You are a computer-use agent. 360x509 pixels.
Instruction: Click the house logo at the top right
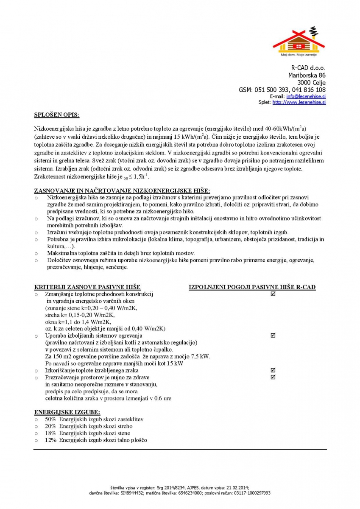[299, 41]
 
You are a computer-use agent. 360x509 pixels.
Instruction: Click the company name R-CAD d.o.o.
[308, 68]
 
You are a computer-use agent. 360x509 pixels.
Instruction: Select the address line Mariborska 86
[307, 75]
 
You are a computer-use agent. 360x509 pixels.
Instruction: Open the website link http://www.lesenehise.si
[299, 102]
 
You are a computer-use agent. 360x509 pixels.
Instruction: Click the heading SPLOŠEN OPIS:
[56, 115]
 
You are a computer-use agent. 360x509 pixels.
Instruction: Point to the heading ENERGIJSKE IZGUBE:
[67, 412]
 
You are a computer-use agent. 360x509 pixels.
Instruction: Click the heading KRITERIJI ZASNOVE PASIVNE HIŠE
[87, 287]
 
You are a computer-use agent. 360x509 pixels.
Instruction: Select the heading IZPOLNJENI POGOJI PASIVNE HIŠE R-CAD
[252, 287]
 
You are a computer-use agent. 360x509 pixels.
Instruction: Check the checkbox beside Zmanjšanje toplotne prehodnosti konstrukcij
[273, 294]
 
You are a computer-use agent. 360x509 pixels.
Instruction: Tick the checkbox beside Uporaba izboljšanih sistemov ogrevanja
[273, 336]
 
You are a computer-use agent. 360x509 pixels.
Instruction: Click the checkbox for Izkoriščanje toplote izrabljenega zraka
[273, 370]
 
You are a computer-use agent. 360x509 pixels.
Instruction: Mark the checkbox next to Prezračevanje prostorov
[273, 377]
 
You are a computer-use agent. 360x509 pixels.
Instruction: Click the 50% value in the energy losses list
[50, 419]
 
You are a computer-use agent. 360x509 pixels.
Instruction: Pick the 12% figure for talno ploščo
[50, 440]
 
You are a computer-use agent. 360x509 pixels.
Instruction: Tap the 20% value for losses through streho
[50, 426]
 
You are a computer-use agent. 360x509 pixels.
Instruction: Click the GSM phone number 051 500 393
[272, 90]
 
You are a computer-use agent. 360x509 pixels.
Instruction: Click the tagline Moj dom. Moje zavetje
[299, 55]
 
